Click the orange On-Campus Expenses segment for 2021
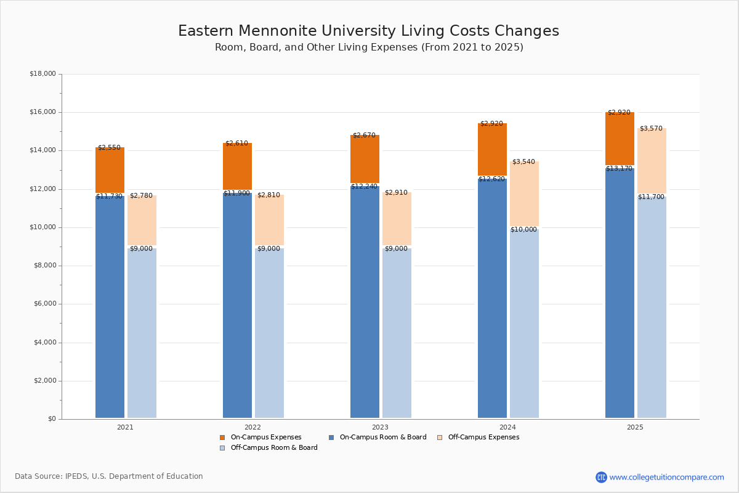tap(110, 171)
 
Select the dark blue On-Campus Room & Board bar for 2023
tap(365, 302)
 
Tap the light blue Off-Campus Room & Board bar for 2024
tap(524, 324)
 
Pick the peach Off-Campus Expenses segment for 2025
tap(652, 161)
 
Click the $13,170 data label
tap(619, 169)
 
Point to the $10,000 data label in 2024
tap(523, 230)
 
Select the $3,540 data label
tap(523, 162)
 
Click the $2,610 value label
tap(236, 144)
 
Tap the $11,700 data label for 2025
tap(651, 197)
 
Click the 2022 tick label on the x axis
tap(252, 427)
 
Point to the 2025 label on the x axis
tap(635, 427)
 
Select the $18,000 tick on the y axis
tap(42, 74)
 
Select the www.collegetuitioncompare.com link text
tap(666, 477)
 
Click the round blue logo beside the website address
tap(601, 477)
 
